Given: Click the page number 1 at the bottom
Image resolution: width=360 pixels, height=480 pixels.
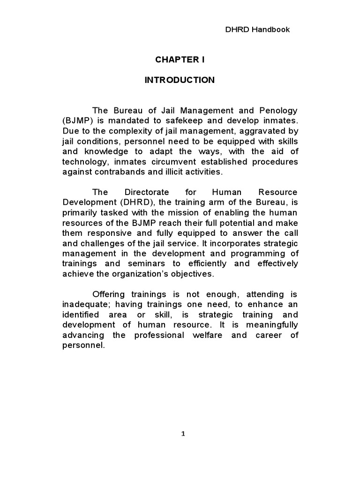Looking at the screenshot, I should click(183, 434).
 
